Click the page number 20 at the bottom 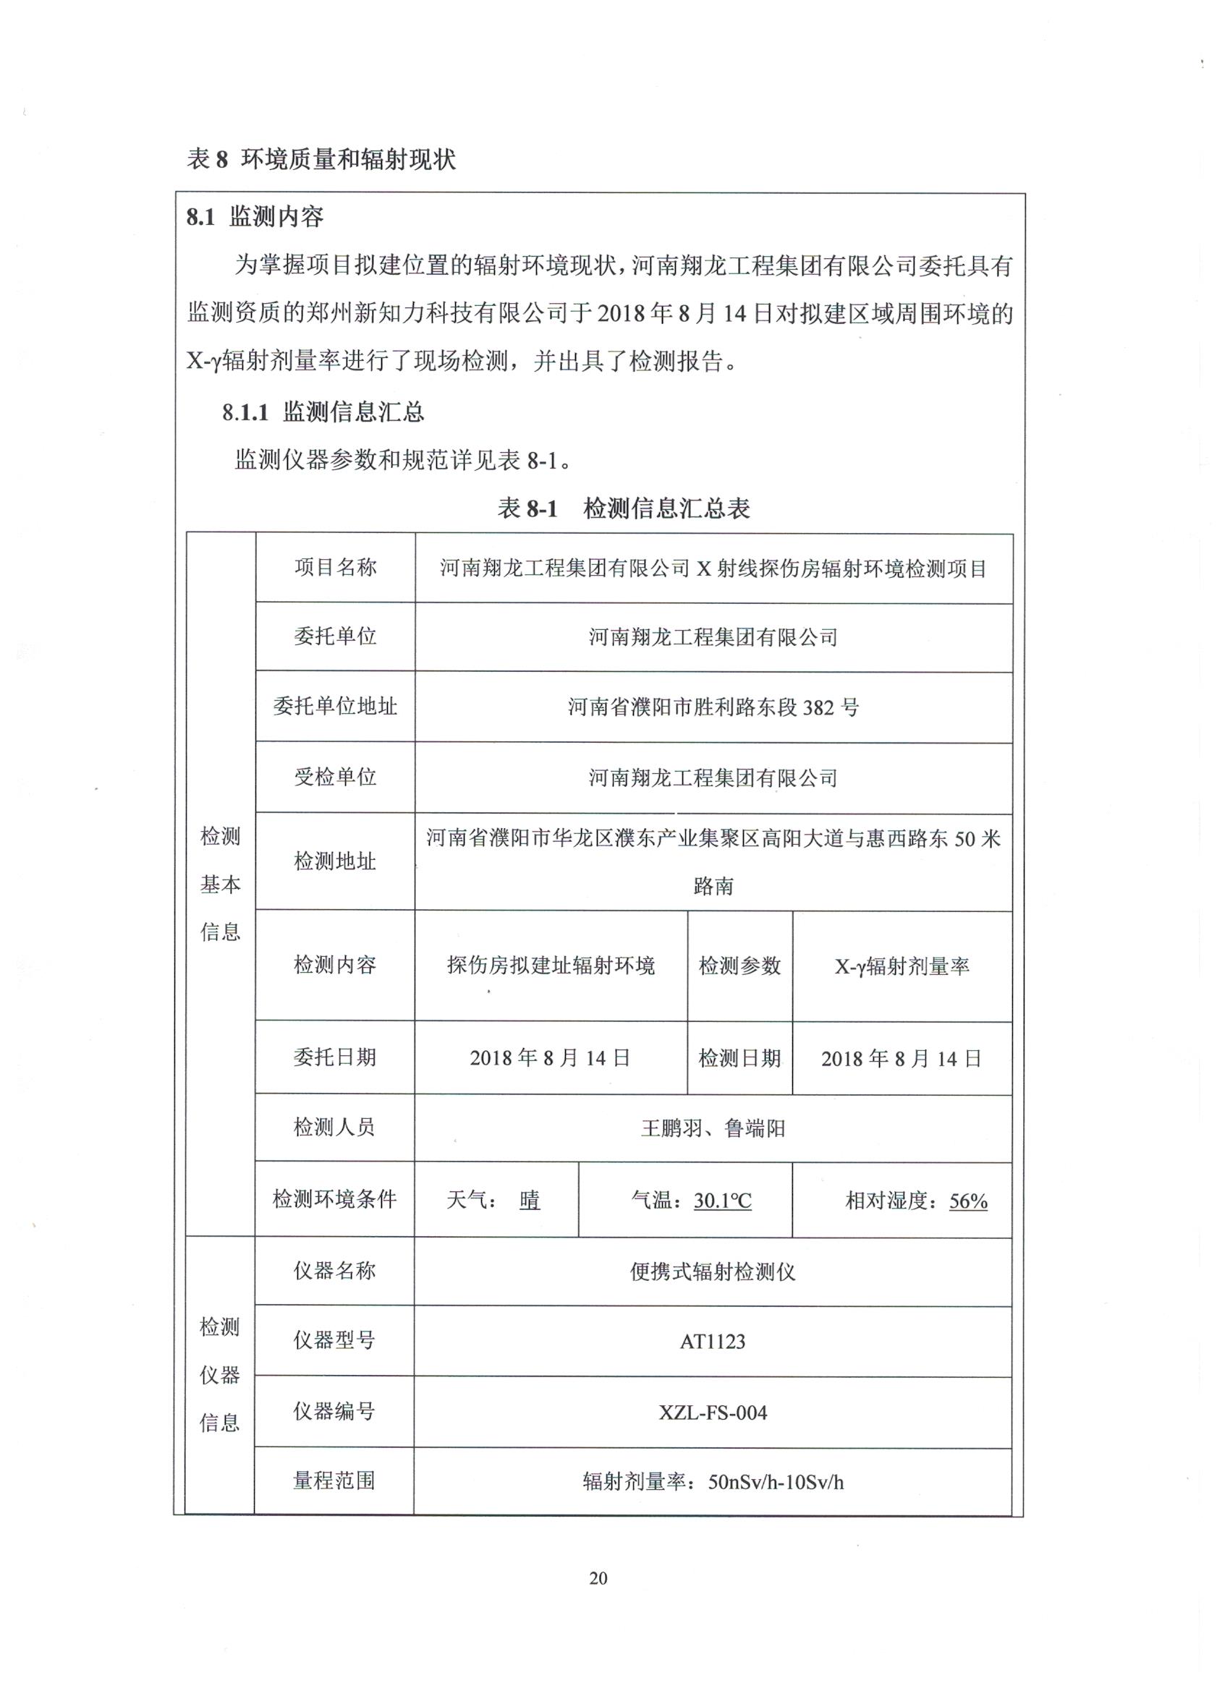pyautogui.click(x=598, y=1578)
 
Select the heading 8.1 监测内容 pyautogui.click(x=255, y=217)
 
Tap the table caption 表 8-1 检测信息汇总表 pyautogui.click(x=624, y=508)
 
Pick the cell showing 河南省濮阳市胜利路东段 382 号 pyautogui.click(x=713, y=707)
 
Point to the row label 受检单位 pyautogui.click(x=335, y=777)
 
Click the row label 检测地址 pyautogui.click(x=335, y=861)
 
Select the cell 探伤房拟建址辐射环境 pyautogui.click(x=551, y=966)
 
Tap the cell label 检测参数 pyautogui.click(x=739, y=966)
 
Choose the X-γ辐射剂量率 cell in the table pyautogui.click(x=902, y=966)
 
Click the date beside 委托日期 pyautogui.click(x=551, y=1058)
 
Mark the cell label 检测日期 pyautogui.click(x=739, y=1058)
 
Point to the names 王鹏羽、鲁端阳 pyautogui.click(x=713, y=1128)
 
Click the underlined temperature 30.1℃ pyautogui.click(x=722, y=1201)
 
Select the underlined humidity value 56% pyautogui.click(x=967, y=1201)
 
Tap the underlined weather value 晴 pyautogui.click(x=530, y=1201)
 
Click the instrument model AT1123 pyautogui.click(x=713, y=1342)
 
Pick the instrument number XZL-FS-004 pyautogui.click(x=713, y=1412)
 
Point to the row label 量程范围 pyautogui.click(x=334, y=1481)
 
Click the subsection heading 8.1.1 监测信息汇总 pyautogui.click(x=323, y=412)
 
